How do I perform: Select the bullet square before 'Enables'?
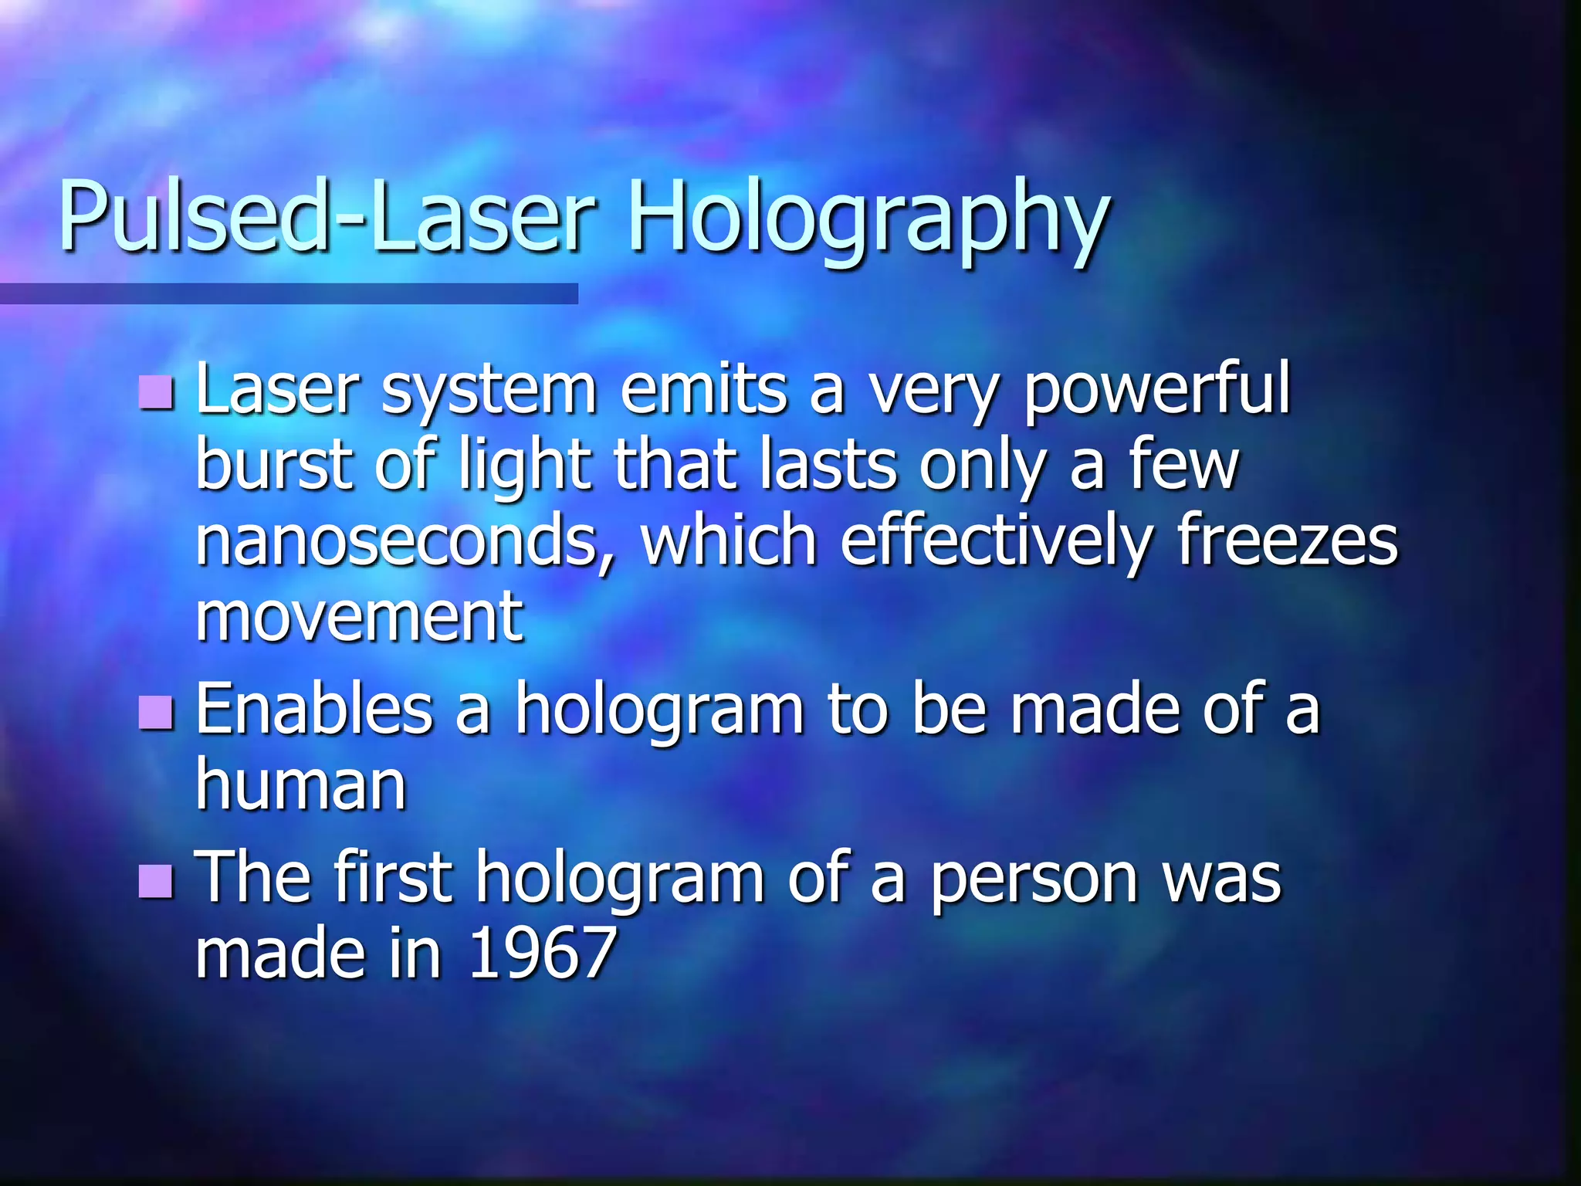tap(156, 712)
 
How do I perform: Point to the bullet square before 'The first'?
tap(156, 880)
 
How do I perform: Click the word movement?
tap(360, 617)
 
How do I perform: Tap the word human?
tap(301, 786)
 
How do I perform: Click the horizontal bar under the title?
tap(289, 293)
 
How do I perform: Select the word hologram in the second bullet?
tap(660, 710)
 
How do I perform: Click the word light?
tap(524, 467)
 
